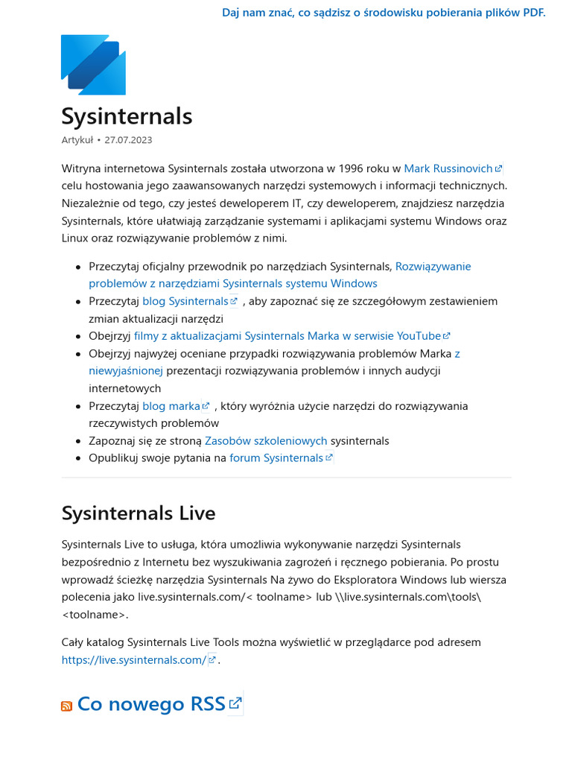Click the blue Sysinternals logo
tap(93, 65)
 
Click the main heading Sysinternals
tap(127, 116)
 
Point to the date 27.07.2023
tap(128, 140)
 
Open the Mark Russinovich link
tap(448, 168)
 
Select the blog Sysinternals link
tap(185, 301)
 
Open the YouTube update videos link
tap(287, 336)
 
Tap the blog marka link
tap(171, 406)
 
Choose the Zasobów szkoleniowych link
tap(266, 440)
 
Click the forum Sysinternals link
tap(276, 458)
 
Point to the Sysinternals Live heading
tap(139, 513)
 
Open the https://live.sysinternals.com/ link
tap(134, 659)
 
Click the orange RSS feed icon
tap(66, 706)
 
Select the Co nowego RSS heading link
tap(151, 704)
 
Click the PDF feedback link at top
tap(384, 13)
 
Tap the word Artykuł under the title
tap(77, 140)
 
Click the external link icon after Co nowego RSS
tap(235, 703)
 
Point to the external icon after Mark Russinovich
tap(499, 169)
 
